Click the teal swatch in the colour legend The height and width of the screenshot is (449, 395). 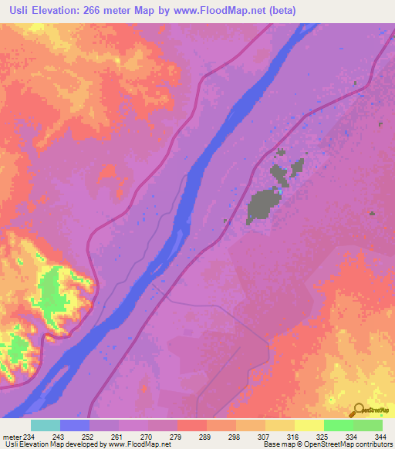point(46,425)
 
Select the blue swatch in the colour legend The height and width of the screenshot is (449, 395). point(75,425)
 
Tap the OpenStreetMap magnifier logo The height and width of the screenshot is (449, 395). point(359,410)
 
